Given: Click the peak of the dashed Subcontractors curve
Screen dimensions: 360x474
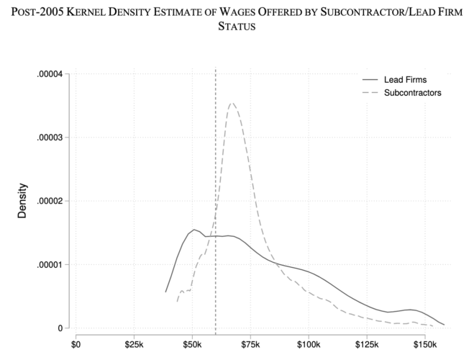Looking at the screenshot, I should click(232, 103).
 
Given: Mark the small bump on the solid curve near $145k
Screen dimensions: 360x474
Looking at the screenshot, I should click(411, 310).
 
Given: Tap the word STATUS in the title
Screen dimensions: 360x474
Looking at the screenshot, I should click(237, 28).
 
